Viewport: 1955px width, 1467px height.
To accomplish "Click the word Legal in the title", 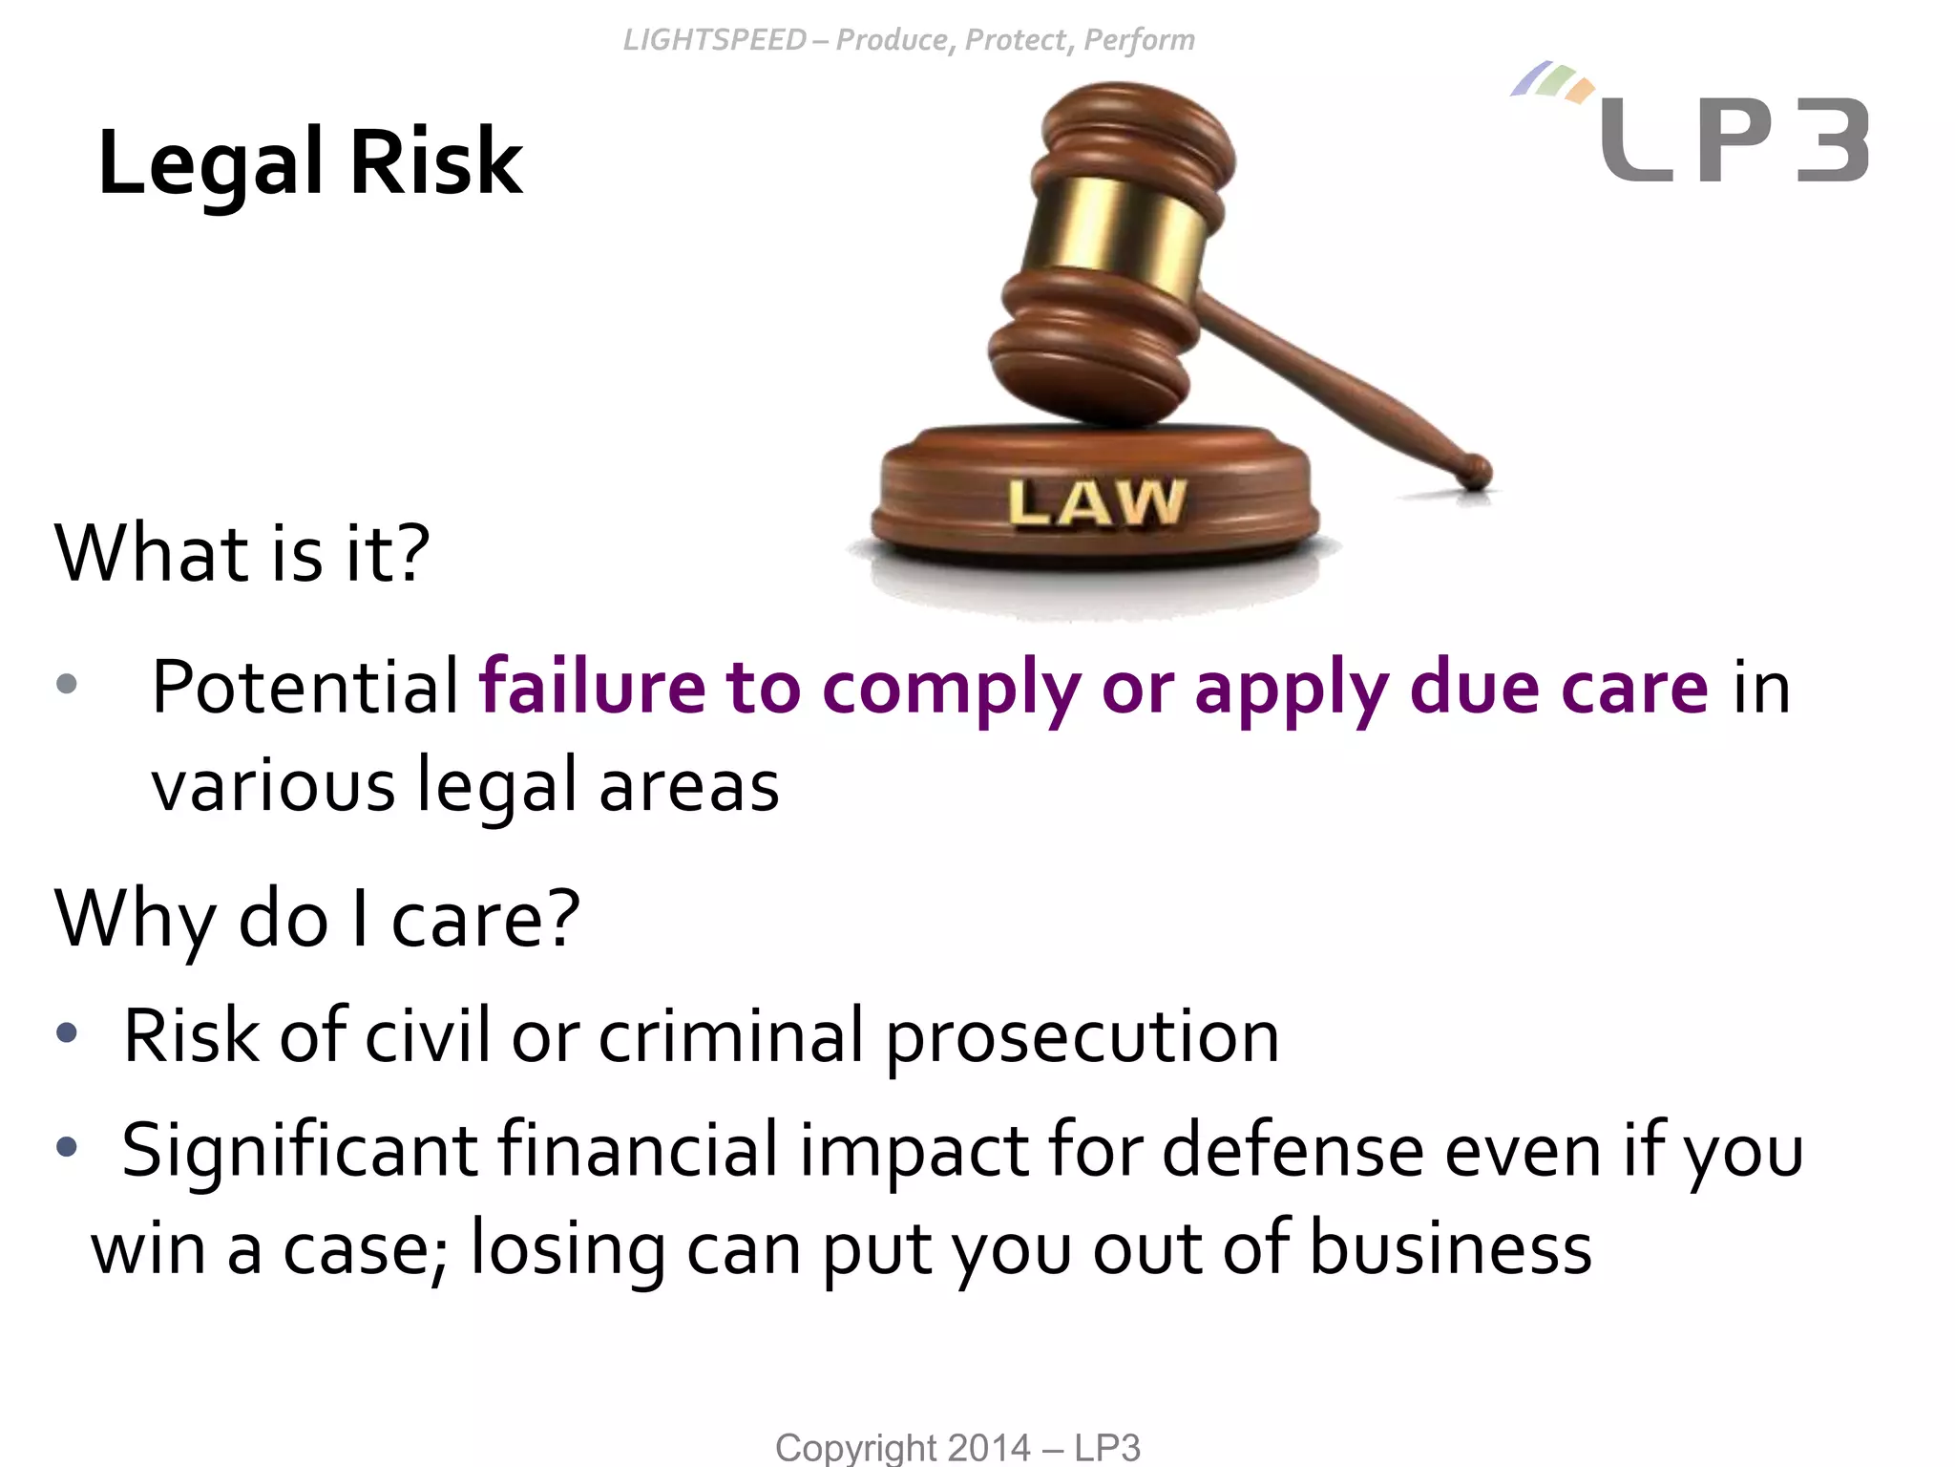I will click(x=211, y=162).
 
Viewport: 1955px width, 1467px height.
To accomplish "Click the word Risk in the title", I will click(x=436, y=162).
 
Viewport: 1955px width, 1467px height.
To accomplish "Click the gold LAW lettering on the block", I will click(x=1097, y=502).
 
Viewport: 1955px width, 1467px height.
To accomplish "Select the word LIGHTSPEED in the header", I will click(x=715, y=40).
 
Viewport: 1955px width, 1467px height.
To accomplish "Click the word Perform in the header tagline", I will click(x=1139, y=40).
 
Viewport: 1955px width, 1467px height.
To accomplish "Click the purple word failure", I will click(x=592, y=687).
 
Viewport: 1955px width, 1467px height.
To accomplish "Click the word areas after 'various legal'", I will click(x=689, y=786).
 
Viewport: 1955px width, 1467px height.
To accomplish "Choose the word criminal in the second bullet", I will click(x=731, y=1036).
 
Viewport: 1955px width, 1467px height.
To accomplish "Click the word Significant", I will click(x=299, y=1152).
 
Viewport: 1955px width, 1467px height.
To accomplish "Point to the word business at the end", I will click(x=1450, y=1248).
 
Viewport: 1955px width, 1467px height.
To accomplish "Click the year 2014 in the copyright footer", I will click(x=990, y=1448).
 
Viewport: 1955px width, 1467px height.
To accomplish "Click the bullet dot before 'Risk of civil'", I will click(x=66, y=1032).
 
